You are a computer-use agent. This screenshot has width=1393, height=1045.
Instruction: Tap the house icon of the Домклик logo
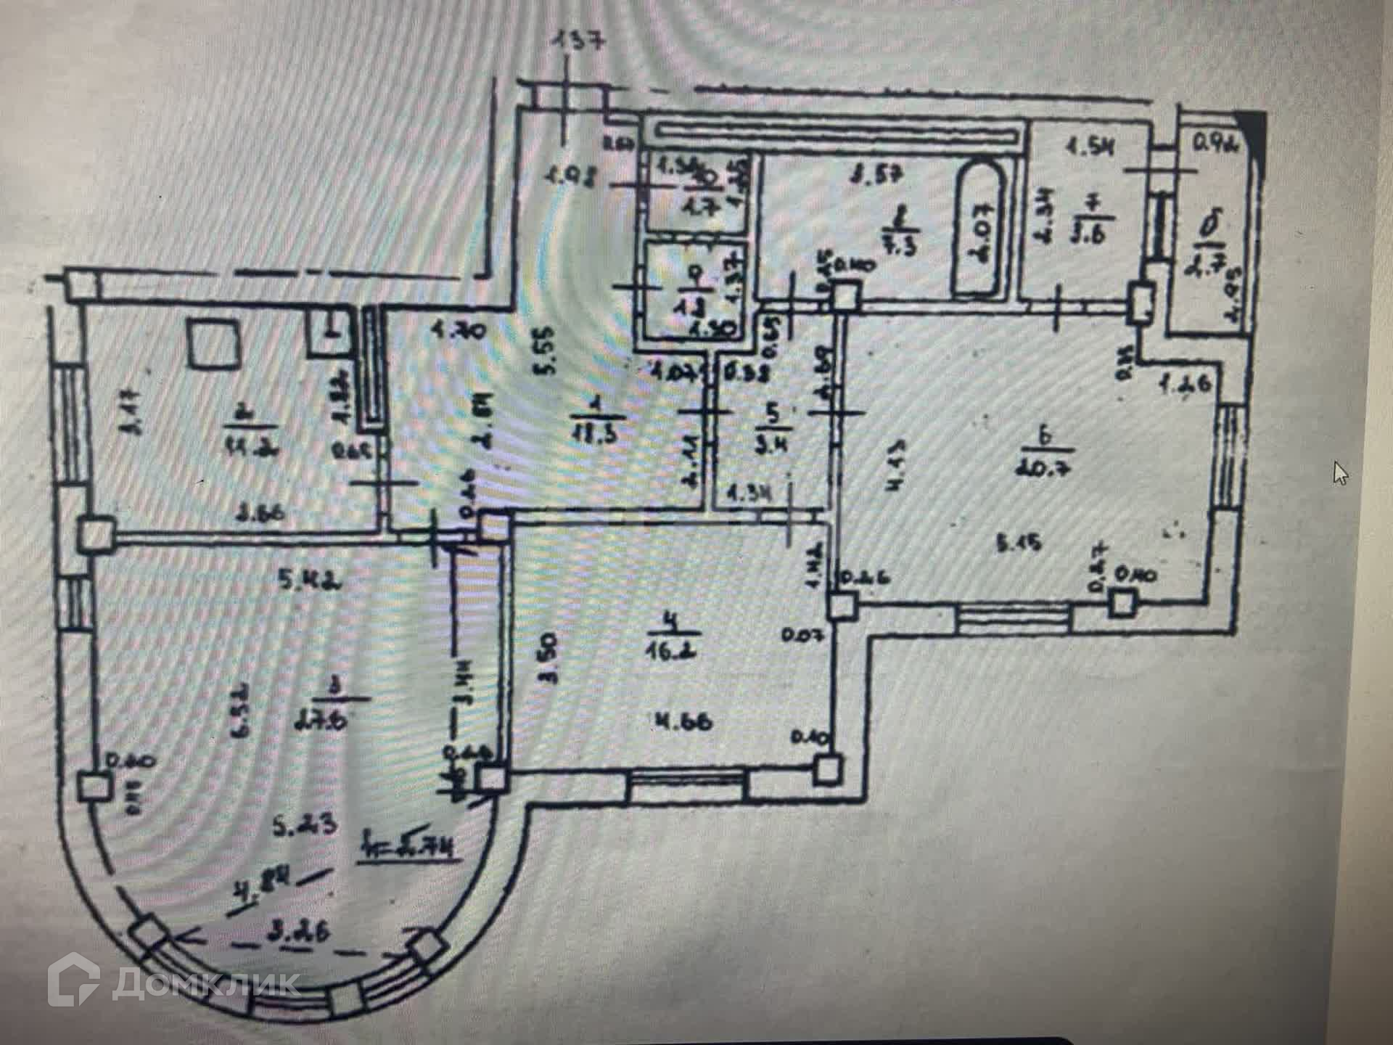[74, 981]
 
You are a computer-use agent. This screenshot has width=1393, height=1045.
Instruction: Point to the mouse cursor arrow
[1340, 472]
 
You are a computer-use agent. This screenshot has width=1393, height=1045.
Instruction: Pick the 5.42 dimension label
[300, 581]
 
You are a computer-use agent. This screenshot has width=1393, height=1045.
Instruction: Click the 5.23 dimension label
[305, 824]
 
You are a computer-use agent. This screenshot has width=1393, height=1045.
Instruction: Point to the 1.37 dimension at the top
[578, 41]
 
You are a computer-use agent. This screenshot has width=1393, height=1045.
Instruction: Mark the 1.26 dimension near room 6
[1185, 385]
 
